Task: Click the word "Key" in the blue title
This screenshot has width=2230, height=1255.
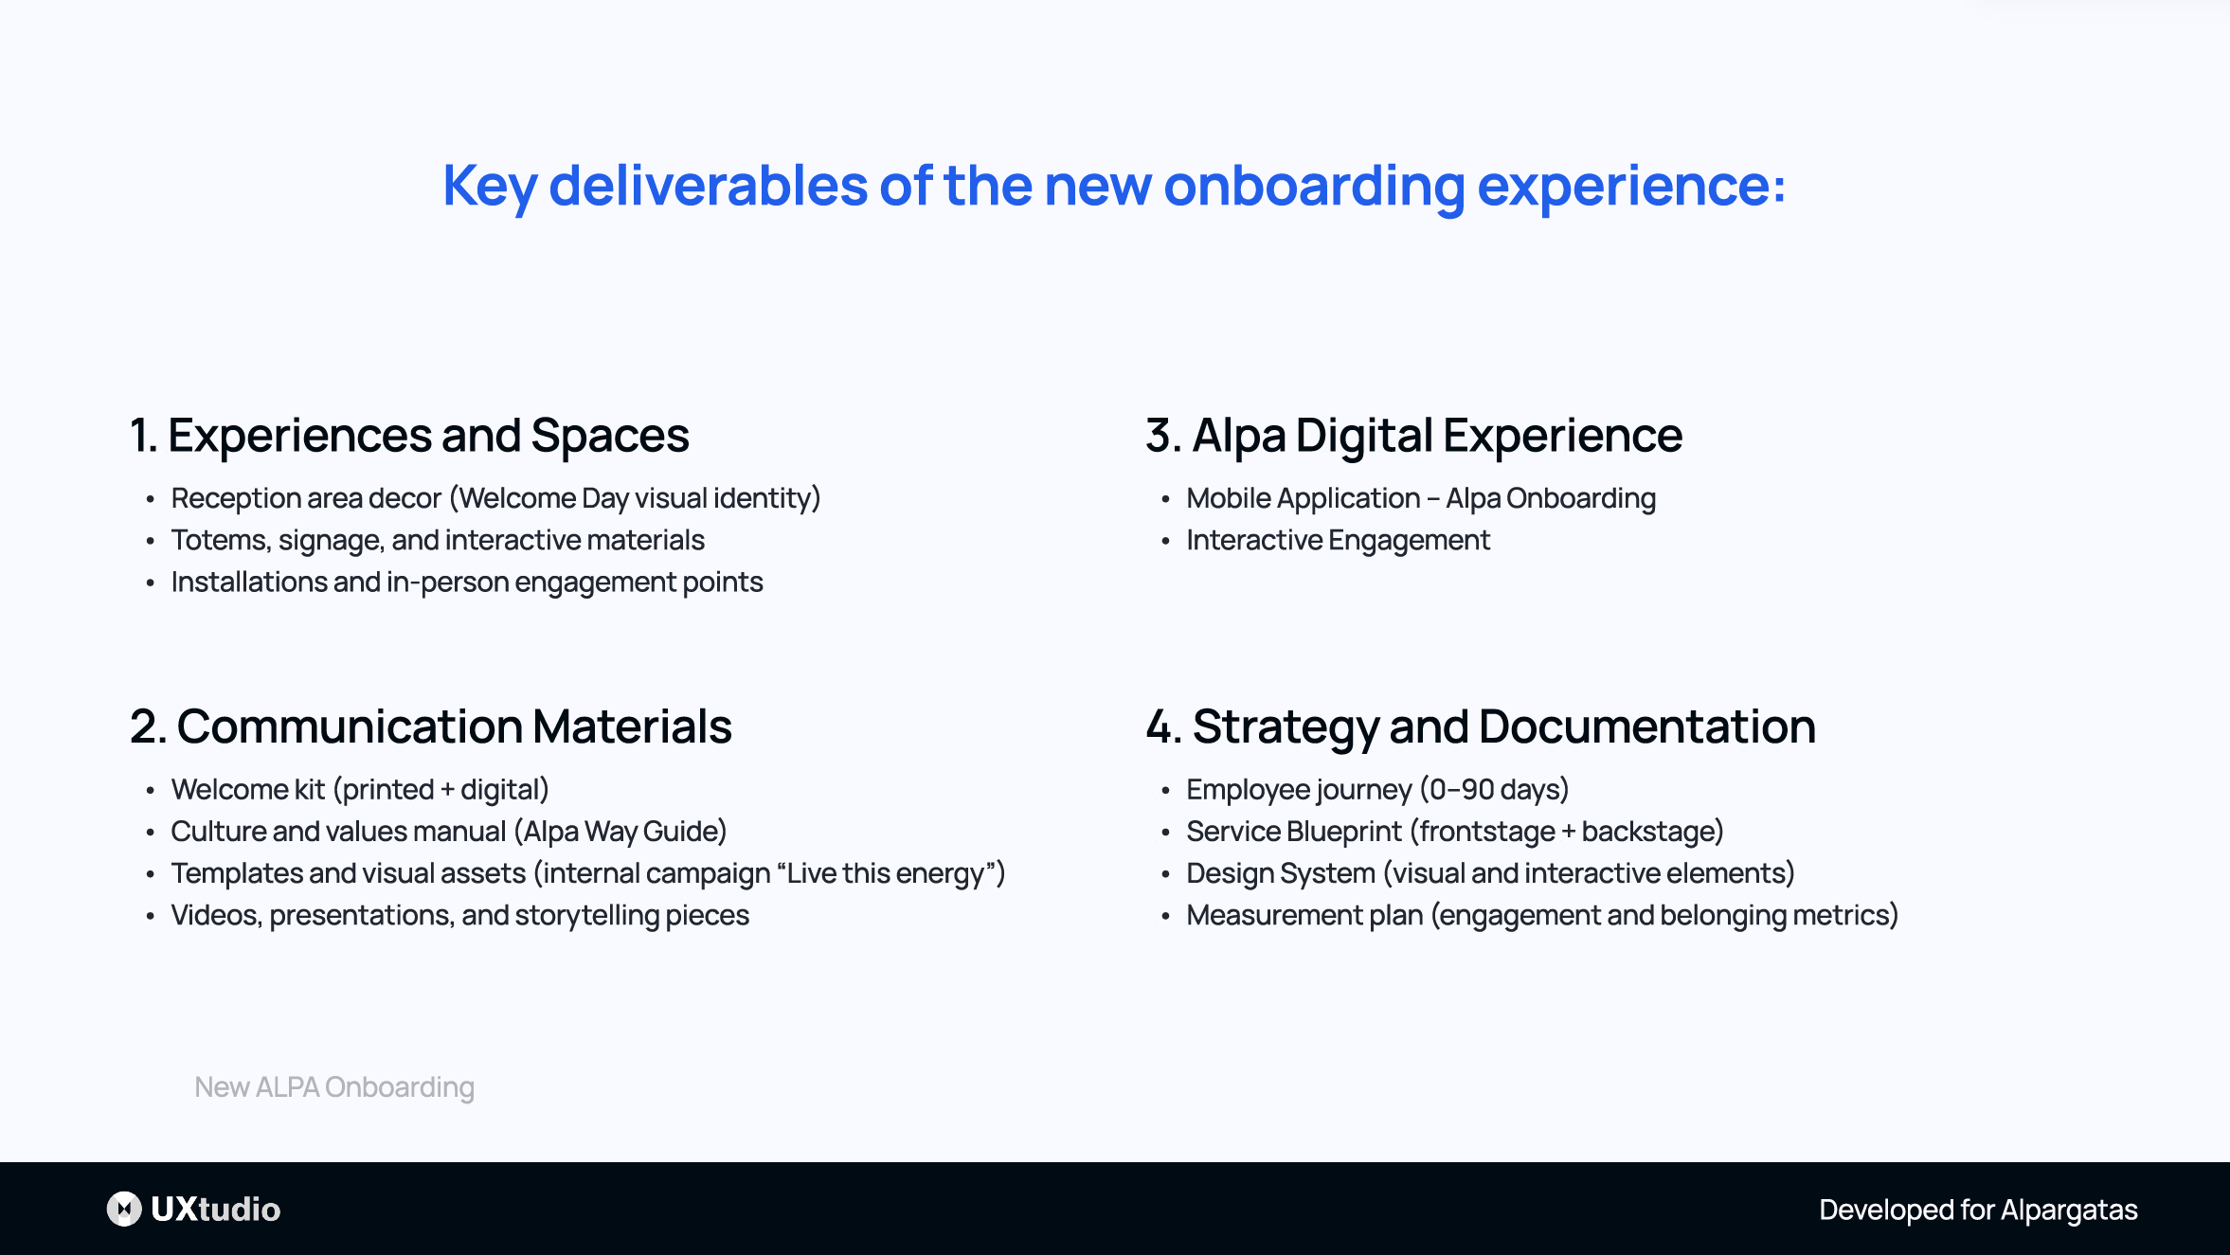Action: (x=489, y=186)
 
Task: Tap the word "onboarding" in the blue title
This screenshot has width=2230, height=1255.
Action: (x=1313, y=186)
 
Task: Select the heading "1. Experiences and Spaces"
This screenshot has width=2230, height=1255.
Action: (x=409, y=436)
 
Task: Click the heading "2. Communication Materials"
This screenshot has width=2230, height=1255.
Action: (x=431, y=726)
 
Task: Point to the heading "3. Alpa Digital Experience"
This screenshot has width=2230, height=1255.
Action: (x=1413, y=436)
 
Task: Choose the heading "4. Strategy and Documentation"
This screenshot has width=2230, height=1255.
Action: (x=1480, y=726)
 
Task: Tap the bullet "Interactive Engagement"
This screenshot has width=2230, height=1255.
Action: (x=1338, y=540)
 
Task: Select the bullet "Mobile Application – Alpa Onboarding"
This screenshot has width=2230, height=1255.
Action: (x=1420, y=498)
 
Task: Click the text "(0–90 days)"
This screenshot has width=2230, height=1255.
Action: (x=1494, y=789)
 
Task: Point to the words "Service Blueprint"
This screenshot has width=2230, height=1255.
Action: (x=1293, y=831)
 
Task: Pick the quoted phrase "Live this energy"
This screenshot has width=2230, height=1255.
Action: (x=886, y=872)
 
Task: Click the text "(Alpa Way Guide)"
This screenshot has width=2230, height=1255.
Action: (x=620, y=831)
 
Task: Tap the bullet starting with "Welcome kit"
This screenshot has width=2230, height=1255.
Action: (x=360, y=789)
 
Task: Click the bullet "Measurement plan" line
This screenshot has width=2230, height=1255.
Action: (x=1541, y=915)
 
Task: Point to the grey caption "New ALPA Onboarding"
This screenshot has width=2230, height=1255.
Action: (x=334, y=1086)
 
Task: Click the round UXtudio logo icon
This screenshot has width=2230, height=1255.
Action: (x=124, y=1209)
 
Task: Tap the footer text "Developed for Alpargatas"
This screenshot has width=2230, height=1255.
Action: (x=1978, y=1210)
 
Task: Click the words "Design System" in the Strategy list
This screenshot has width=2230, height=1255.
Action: (x=1281, y=872)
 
